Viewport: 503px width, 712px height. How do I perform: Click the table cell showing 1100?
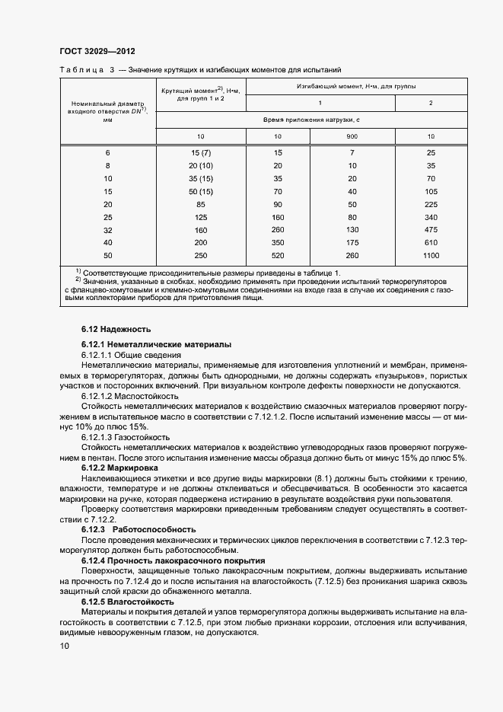tap(431, 255)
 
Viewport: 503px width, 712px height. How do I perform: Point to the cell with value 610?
tap(431, 242)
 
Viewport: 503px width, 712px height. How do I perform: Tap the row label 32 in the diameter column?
tap(107, 229)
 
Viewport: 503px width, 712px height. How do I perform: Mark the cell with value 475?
tap(431, 229)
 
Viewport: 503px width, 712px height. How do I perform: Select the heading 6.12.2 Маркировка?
tap(119, 467)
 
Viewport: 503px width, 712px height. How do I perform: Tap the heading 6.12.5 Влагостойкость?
tap(127, 601)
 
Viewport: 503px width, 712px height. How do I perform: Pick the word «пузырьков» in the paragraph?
tap(396, 376)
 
